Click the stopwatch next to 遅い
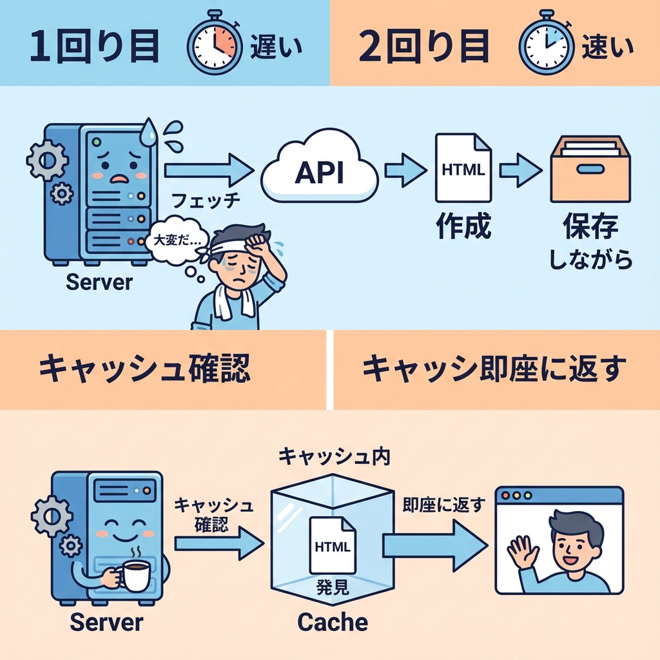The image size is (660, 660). click(x=213, y=46)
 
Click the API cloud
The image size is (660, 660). click(x=319, y=171)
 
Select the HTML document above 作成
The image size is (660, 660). click(x=463, y=169)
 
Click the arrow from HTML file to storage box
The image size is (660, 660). click(x=519, y=170)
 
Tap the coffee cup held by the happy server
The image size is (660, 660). click(x=136, y=574)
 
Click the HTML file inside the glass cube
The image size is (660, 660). click(x=332, y=545)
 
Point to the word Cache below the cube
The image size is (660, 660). click(x=333, y=623)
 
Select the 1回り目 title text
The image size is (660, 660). click(x=93, y=46)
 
